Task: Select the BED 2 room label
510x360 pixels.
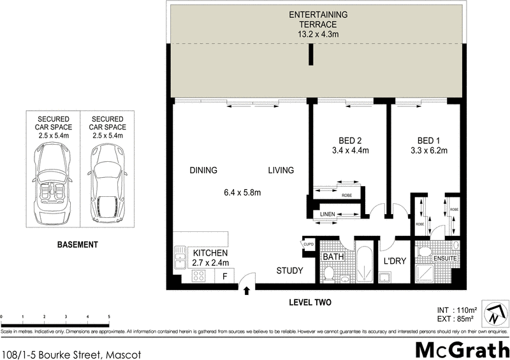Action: (x=351, y=141)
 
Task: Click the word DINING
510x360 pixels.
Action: (x=203, y=170)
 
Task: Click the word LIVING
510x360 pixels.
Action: (x=280, y=170)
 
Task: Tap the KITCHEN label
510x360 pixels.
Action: (x=210, y=252)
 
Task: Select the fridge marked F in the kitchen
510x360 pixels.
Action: (x=224, y=277)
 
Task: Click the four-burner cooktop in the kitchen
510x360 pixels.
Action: (x=199, y=277)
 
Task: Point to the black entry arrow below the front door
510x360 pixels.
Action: (x=247, y=291)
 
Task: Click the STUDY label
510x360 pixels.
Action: (x=289, y=271)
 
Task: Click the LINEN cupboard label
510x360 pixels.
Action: (x=328, y=215)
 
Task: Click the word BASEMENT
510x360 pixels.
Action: (x=76, y=245)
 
